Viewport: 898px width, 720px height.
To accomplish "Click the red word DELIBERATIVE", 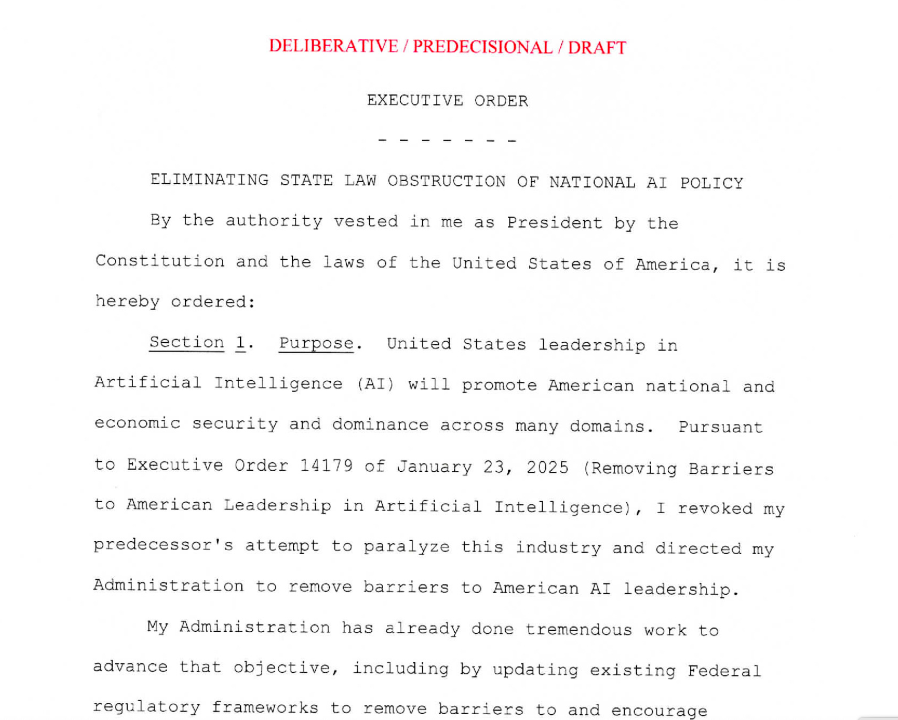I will tap(334, 46).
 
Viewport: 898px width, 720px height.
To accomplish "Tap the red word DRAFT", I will tap(597, 48).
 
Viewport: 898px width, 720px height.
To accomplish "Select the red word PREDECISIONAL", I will tap(483, 47).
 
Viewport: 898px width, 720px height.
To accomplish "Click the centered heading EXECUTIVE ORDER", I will tap(447, 100).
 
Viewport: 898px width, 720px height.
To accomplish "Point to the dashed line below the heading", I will tap(447, 140).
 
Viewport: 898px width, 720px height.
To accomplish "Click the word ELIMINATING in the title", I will tap(209, 180).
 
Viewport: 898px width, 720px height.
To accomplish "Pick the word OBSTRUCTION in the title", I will tap(446, 182).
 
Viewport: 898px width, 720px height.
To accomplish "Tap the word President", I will tap(554, 223).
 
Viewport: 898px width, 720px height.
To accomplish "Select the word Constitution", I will tap(160, 261).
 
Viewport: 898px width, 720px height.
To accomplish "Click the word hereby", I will tap(127, 301).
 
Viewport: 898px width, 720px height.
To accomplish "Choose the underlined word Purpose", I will tap(316, 343).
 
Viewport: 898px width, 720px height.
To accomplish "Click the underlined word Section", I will tap(187, 342).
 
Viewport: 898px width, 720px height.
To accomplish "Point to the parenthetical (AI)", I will tap(375, 384).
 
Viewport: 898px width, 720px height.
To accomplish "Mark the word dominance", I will tap(380, 424).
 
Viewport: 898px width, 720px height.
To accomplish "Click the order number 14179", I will tap(326, 465).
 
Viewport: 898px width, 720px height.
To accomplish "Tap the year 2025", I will tap(548, 467).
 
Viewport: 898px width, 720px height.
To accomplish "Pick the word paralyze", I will tap(407, 547).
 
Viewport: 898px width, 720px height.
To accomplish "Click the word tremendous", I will tap(579, 629).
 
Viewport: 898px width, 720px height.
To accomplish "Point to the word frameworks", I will tap(265, 707).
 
